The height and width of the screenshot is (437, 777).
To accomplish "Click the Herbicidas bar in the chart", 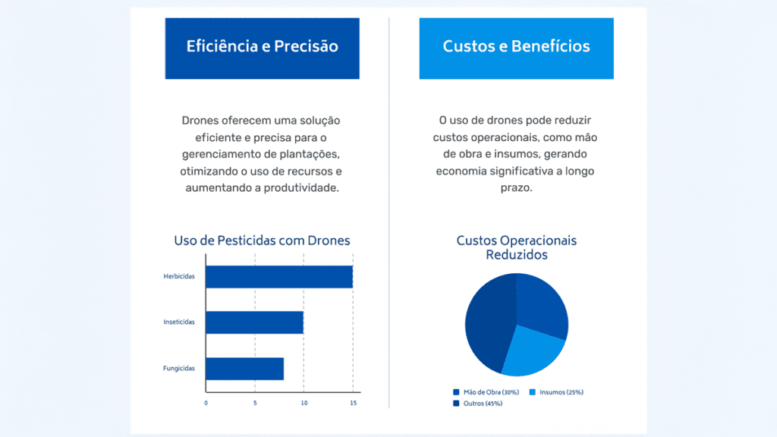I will [x=278, y=277].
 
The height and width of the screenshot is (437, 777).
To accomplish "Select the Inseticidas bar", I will [x=254, y=322].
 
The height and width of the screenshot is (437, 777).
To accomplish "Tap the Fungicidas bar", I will [x=244, y=369].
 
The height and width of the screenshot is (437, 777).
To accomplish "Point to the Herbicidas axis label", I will [x=179, y=277].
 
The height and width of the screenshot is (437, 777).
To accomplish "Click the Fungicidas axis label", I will [x=179, y=369].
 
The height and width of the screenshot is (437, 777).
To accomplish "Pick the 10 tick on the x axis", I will [x=304, y=403].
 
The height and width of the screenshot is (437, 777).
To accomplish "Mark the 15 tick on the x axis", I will [x=353, y=403].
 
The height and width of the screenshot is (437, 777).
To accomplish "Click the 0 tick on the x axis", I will [x=206, y=403].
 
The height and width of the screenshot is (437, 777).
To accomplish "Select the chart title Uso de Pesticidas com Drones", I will [x=262, y=241].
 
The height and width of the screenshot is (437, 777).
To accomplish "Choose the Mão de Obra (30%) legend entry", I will [x=486, y=392].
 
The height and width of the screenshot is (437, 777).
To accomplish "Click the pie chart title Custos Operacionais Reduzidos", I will [x=516, y=247].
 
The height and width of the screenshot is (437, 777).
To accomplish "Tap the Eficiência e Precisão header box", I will [x=262, y=47].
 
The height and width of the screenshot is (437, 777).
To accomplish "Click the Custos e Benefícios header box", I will [x=516, y=47].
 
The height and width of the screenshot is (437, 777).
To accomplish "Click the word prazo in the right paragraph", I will [x=516, y=187].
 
